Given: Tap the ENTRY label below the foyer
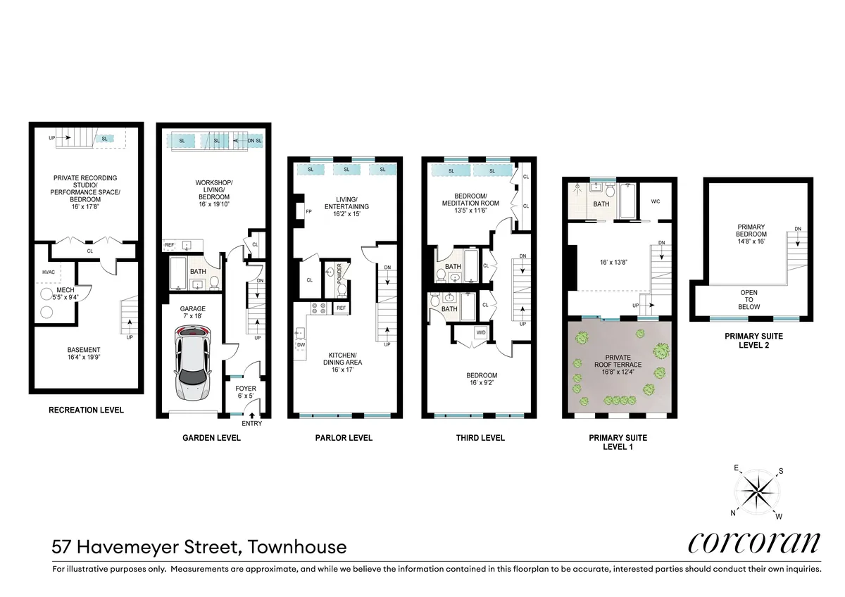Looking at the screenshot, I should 251,423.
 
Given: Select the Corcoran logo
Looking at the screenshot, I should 753,542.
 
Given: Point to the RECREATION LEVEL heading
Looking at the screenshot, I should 86,410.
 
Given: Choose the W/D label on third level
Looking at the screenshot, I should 481,332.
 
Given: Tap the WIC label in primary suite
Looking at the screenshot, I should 655,201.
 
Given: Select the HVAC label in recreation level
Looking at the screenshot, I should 39,271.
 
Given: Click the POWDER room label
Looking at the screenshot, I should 339,272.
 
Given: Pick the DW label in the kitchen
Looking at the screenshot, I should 301,345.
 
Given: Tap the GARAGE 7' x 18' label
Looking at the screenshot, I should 192,313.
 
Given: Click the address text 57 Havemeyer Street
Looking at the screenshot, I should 199,546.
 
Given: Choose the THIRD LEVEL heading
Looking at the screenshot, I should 480,438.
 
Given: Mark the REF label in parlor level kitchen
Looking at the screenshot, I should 341,308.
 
